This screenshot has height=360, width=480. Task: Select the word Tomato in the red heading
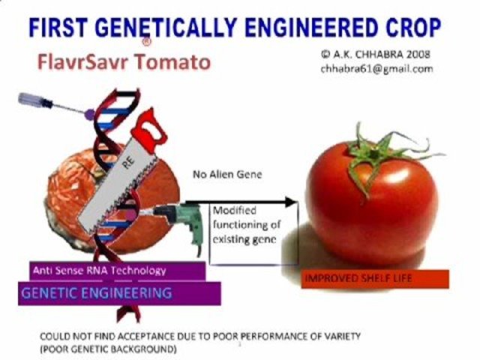172,61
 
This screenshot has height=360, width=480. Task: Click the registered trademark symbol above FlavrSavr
148,44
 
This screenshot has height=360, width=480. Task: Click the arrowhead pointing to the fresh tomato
290,201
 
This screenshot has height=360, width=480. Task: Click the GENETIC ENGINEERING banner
97,292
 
